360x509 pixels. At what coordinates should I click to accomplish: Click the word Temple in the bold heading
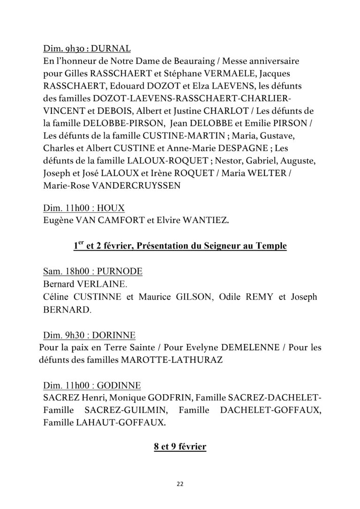(x=270, y=245)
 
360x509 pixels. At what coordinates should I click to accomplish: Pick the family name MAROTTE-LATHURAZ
(x=161, y=361)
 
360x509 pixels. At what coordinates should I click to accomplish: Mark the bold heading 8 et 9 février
(x=180, y=447)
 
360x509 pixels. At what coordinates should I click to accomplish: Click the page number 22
(x=180, y=484)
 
